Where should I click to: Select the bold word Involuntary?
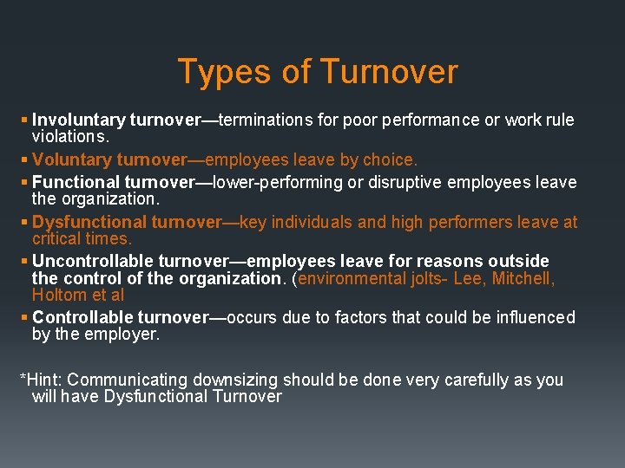pyautogui.click(x=78, y=120)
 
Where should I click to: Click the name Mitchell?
pyautogui.click(x=526, y=279)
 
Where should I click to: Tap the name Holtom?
pyautogui.click(x=58, y=295)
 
